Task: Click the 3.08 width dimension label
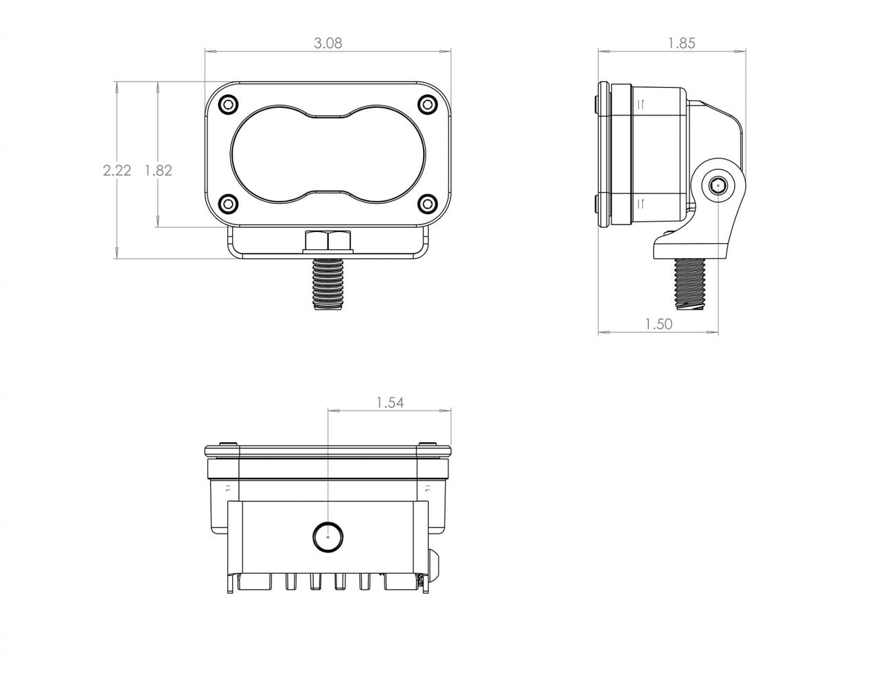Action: pos(328,43)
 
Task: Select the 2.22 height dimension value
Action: pos(117,170)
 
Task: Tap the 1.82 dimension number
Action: pos(158,170)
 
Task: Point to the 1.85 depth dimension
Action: pos(681,43)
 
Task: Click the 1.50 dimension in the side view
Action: pos(659,324)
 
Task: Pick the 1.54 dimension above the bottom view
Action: pos(389,403)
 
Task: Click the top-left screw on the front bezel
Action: pos(228,104)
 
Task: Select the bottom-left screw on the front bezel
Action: pos(228,203)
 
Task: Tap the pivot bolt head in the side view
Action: pos(719,185)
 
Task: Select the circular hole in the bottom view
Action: pos(328,536)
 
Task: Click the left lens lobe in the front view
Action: pos(270,153)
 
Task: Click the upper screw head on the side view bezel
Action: pos(595,103)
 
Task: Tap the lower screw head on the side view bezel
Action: pos(595,204)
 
